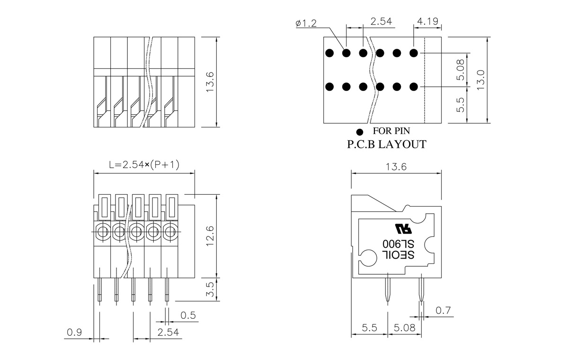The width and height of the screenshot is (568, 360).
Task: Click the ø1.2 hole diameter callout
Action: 306,23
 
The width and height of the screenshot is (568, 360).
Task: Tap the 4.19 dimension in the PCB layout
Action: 427,21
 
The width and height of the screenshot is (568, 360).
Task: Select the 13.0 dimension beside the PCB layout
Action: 480,80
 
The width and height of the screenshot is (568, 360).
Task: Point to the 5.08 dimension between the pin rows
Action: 460,70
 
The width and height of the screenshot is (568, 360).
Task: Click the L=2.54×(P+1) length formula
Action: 144,165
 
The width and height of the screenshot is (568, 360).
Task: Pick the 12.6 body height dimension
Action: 210,236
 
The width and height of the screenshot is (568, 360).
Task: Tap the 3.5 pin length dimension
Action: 210,289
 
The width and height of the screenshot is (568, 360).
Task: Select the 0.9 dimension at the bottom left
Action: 74,332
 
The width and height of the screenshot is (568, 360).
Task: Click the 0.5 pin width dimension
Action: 188,315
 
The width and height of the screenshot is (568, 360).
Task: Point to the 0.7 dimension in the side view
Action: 443,310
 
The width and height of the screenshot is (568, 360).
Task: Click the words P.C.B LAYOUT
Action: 386,144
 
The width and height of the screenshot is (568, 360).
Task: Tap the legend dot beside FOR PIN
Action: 360,132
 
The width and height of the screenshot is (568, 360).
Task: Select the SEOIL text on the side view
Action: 399,255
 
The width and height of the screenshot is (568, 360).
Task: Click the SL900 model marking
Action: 399,244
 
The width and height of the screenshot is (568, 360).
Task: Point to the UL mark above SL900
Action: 403,229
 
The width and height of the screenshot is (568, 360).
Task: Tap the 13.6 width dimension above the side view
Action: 396,167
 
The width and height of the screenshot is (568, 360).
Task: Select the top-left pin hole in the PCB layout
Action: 329,53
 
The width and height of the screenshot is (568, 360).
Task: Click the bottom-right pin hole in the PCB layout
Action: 414,87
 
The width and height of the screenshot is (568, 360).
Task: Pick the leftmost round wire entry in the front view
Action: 103,232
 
